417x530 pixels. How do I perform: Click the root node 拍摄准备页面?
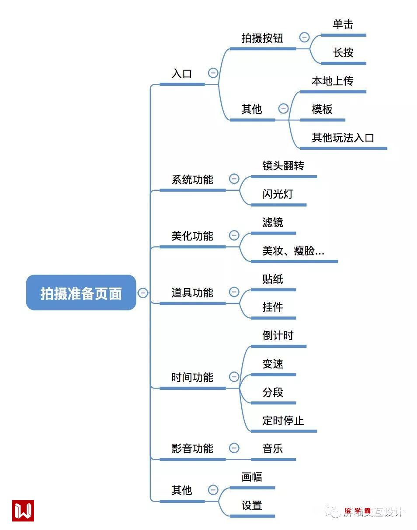[x=81, y=293]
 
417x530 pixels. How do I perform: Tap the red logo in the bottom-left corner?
[x=23, y=510]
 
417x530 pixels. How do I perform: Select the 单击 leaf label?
[x=343, y=24]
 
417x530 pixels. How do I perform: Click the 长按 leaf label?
[x=343, y=53]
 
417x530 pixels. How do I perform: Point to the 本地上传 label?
[x=333, y=81]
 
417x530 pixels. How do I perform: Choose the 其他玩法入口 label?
[x=343, y=138]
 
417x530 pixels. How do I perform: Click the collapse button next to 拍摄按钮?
[x=305, y=38]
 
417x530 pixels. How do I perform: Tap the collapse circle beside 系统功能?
[x=234, y=179]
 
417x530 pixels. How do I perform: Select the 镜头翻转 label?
[x=283, y=166]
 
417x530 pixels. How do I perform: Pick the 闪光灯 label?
[x=278, y=194]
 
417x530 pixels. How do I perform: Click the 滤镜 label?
[x=273, y=223]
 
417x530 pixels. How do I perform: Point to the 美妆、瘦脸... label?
[x=293, y=251]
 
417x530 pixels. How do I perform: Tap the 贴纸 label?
[x=273, y=279]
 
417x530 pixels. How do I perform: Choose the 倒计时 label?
[x=278, y=336]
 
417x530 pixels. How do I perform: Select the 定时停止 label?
[x=283, y=421]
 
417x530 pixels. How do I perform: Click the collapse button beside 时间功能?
[x=234, y=376]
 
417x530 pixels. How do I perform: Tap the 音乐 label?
[x=273, y=448]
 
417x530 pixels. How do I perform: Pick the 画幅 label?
[x=252, y=477]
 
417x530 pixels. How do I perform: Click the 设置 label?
[x=252, y=506]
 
